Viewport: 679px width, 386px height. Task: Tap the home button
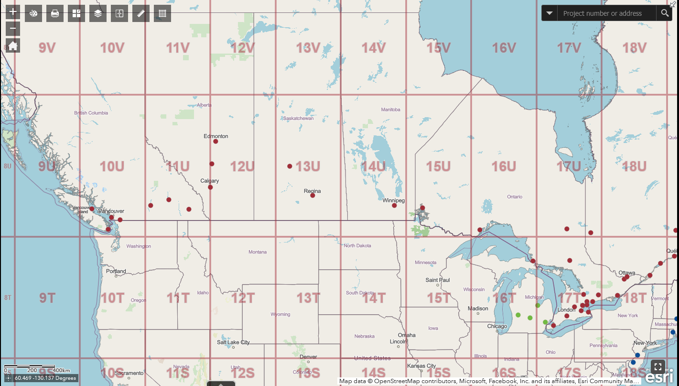[13, 46]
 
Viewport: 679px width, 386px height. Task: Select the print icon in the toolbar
[55, 13]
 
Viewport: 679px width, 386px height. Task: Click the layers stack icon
[98, 13]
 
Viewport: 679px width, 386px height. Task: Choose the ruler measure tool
[141, 13]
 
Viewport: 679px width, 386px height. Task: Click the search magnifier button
[665, 13]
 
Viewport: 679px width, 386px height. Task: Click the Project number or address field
[607, 13]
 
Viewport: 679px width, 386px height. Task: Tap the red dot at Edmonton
[216, 141]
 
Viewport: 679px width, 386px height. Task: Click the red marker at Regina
[313, 195]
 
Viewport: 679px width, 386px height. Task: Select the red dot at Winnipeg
[394, 205]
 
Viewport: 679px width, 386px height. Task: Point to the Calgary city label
[210, 181]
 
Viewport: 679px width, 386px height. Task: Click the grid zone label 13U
[308, 166]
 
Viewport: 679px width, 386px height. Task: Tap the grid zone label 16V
[504, 48]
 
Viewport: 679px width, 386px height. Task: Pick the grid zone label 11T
[178, 298]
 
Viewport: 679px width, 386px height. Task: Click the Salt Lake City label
[233, 342]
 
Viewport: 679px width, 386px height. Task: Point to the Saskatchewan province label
[298, 118]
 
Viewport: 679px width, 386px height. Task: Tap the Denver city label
[308, 357]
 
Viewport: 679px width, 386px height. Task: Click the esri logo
[659, 376]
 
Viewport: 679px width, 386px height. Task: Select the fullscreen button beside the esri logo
[658, 367]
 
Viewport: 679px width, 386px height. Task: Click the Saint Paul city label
[438, 280]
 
